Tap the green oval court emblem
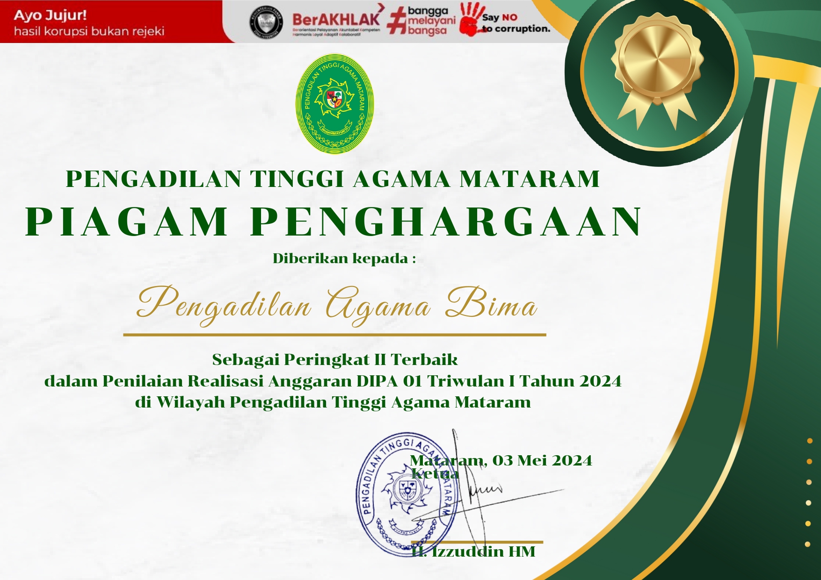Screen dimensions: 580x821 coord(334,103)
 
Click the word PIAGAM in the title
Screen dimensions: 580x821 coord(127,222)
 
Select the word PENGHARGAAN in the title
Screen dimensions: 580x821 coord(447,222)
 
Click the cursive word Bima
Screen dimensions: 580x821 coord(491,304)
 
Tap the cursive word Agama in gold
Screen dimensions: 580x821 coord(378,306)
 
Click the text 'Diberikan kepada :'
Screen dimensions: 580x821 coord(344,258)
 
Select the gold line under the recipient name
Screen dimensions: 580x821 coord(334,335)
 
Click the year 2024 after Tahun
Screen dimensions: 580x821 coord(600,381)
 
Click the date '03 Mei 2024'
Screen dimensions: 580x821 coord(542,460)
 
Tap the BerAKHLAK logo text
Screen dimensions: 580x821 coord(336,20)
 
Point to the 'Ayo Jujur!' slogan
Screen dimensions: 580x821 coord(51,15)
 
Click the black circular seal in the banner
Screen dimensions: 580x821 coord(266,21)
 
